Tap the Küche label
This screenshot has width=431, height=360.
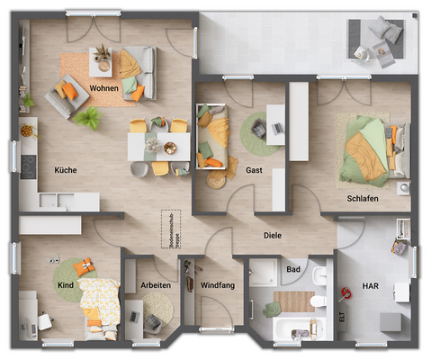tap(65, 169)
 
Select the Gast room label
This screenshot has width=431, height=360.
tap(254, 169)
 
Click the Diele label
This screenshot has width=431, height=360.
tap(273, 237)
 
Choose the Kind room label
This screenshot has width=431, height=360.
tap(65, 285)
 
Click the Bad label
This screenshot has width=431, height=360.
tap(293, 268)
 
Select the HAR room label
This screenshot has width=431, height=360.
tap(371, 285)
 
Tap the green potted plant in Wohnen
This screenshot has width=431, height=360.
tap(87, 118)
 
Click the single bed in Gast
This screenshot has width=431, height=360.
tap(213, 137)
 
